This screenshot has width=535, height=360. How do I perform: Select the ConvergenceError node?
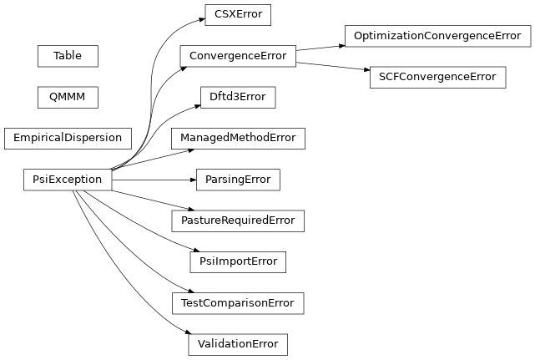coord(237,57)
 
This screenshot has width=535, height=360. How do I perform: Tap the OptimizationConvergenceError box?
coord(437,36)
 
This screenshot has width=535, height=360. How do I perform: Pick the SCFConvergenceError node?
coord(437,78)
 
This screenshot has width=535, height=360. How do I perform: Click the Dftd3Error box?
coord(237,98)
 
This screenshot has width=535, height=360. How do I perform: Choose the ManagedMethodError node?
coord(237,139)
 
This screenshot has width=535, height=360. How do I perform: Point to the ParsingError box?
coord(237,180)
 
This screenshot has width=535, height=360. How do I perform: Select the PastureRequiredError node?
coord(237,221)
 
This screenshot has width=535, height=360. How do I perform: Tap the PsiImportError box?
coord(237,261)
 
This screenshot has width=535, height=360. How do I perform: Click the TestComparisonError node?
coord(237,302)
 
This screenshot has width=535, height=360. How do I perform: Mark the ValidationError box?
coord(237,343)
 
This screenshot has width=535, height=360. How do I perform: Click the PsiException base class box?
coord(68,180)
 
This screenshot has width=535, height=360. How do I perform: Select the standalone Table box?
coord(68,56)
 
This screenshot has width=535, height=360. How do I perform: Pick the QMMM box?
coord(68,97)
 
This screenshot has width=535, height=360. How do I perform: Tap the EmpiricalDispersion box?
coord(68,138)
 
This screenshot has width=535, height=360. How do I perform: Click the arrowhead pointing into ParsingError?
coord(191,180)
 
